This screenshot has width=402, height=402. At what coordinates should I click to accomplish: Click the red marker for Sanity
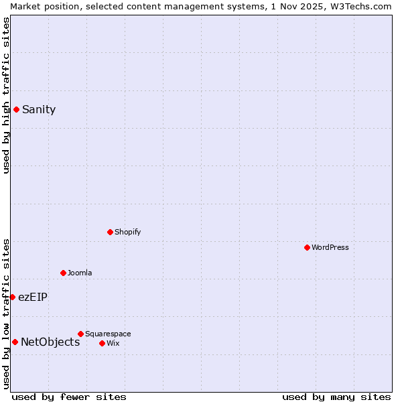pyautogui.click(x=16, y=109)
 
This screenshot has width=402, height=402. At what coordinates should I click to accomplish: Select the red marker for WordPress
pyautogui.click(x=307, y=247)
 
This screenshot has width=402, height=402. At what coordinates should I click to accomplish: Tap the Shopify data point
pyautogui.click(x=110, y=232)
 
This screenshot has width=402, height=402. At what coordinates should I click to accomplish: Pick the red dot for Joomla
pyautogui.click(x=63, y=273)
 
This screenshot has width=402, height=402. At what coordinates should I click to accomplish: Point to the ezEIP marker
pyautogui.click(x=12, y=297)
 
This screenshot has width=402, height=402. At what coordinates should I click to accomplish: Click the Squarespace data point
pyautogui.click(x=80, y=334)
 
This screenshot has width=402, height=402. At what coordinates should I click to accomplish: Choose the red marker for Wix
pyautogui.click(x=102, y=343)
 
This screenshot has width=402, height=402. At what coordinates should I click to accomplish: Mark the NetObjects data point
pyautogui.click(x=15, y=342)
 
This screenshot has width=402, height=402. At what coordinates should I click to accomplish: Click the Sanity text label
pyautogui.click(x=39, y=110)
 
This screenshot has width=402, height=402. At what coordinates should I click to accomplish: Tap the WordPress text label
pyautogui.click(x=330, y=247)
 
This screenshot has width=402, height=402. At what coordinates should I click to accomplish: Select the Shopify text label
pyautogui.click(x=127, y=232)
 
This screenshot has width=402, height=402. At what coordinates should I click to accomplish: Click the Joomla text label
pyautogui.click(x=80, y=273)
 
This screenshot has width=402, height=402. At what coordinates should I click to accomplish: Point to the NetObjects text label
pyautogui.click(x=50, y=342)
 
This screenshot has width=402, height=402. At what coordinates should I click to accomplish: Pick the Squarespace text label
pyautogui.click(x=108, y=334)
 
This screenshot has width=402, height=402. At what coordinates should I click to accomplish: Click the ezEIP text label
pyautogui.click(x=33, y=297)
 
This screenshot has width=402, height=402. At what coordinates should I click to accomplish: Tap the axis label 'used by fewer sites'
pyautogui.click(x=69, y=397)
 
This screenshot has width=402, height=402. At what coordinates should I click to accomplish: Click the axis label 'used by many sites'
pyautogui.click(x=336, y=397)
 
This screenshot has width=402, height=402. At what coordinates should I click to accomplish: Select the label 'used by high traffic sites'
pyautogui.click(x=6, y=95)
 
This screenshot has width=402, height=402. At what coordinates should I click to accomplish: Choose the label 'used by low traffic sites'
pyautogui.click(x=6, y=313)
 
